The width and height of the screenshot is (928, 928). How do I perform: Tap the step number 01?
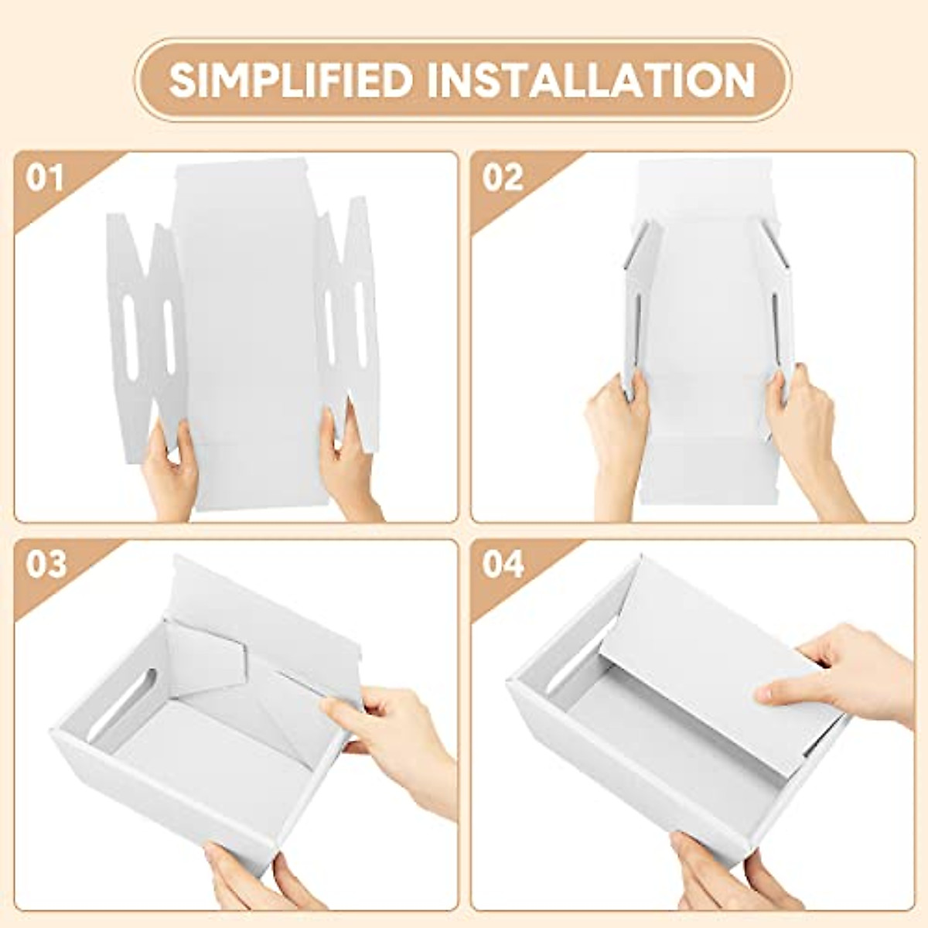tap(44, 179)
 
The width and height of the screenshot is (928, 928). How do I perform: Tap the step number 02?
tap(503, 179)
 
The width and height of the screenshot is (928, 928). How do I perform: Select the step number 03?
tap(46, 565)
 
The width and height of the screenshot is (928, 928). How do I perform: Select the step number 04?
tap(503, 565)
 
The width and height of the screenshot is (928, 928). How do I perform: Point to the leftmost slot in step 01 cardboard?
tap(130, 336)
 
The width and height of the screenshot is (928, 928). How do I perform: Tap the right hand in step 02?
tap(804, 433)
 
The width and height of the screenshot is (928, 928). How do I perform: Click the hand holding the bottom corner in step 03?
tap(247, 882)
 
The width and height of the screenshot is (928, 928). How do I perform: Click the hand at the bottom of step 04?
tap(719, 882)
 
